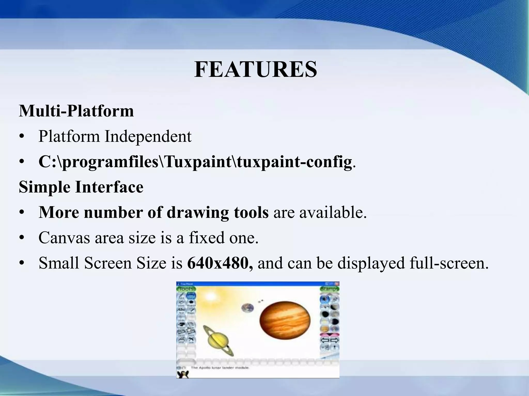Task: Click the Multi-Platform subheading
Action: [x=76, y=111]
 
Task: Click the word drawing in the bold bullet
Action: [x=198, y=212]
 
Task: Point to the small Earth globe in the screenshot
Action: [x=247, y=308]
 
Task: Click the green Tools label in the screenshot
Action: [x=186, y=289]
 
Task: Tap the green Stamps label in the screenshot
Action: [x=329, y=289]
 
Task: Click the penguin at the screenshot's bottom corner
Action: [x=183, y=374]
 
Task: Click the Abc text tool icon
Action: [x=181, y=310]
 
